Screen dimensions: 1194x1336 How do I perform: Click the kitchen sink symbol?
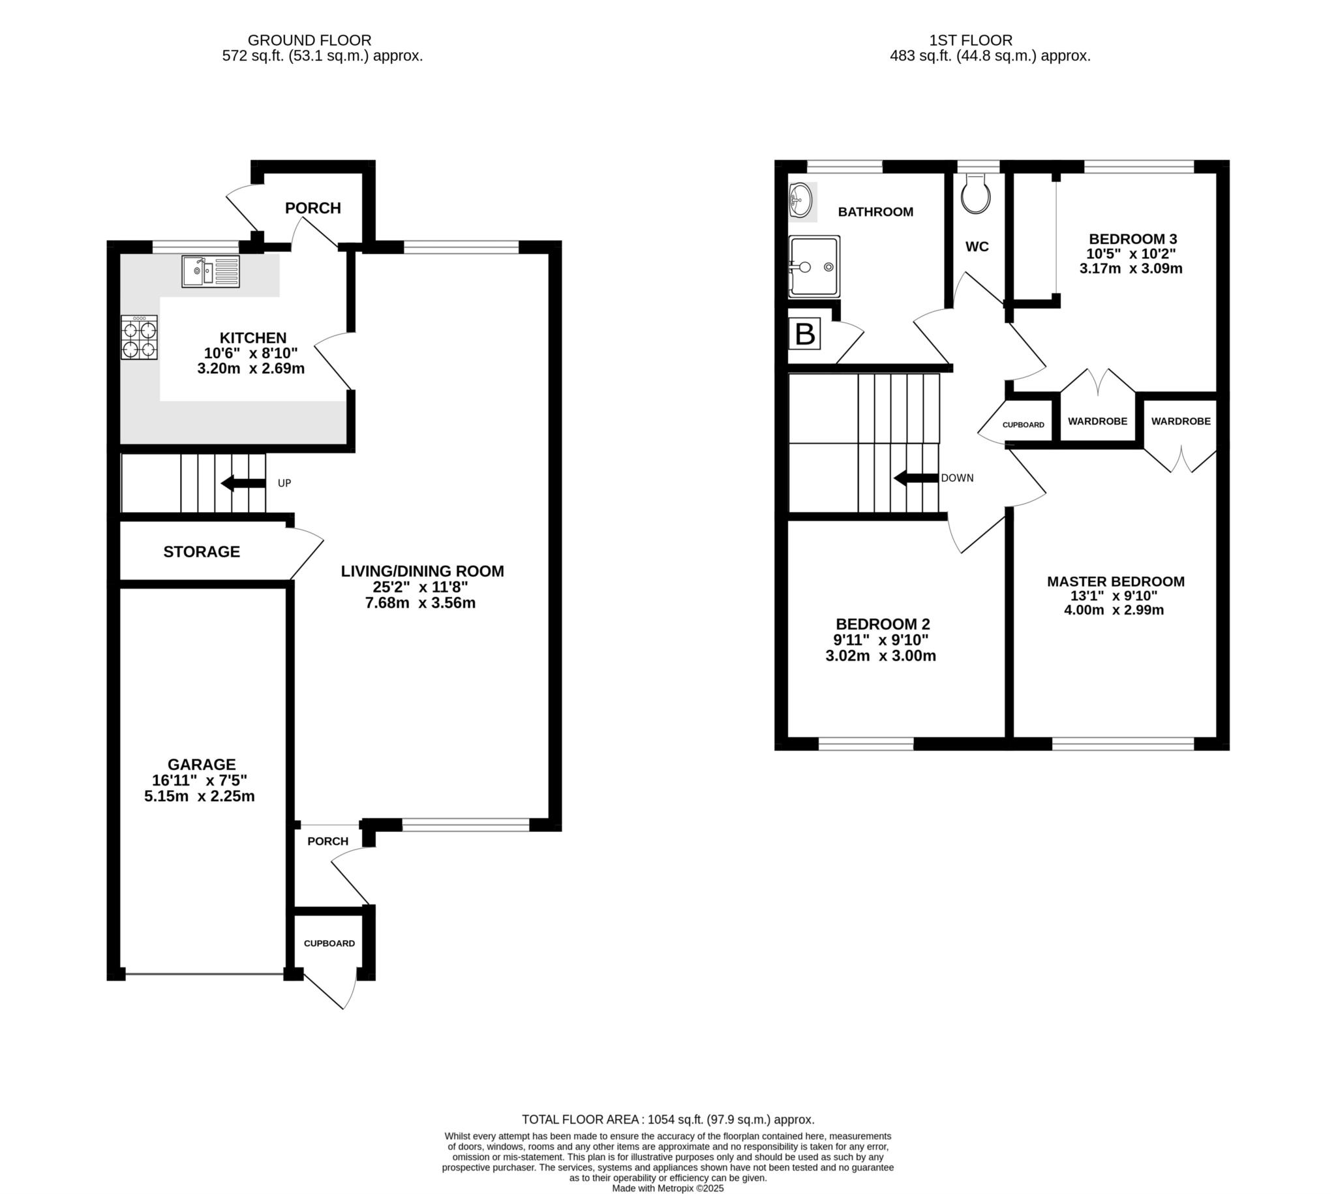click(x=211, y=271)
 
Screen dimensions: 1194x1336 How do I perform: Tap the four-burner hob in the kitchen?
click(x=139, y=337)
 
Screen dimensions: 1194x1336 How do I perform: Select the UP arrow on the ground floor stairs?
click(x=243, y=483)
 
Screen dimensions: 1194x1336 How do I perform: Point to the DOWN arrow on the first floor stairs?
click(x=916, y=478)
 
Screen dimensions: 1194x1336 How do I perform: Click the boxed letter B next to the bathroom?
click(x=804, y=334)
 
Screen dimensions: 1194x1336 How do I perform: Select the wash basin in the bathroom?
click(x=801, y=199)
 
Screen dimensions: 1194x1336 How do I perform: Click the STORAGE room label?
click(x=202, y=552)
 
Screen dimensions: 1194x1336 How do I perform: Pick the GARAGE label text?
click(x=202, y=764)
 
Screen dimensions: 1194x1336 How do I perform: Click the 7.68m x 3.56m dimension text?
click(x=419, y=603)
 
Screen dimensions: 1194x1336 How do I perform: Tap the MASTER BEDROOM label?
click(x=1115, y=581)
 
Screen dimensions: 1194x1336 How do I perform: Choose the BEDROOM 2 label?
click(x=882, y=624)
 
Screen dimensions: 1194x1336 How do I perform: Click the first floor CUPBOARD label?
click(x=1022, y=425)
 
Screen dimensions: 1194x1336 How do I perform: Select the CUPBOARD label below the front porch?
click(x=329, y=943)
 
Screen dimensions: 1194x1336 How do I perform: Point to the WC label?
click(x=977, y=247)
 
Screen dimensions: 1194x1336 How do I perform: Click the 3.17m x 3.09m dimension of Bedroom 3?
click(x=1130, y=268)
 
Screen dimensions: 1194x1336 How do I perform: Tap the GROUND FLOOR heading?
click(x=309, y=40)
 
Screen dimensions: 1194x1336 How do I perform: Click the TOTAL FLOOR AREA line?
click(x=667, y=1119)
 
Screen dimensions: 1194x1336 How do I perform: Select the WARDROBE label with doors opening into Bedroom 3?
click(x=1097, y=421)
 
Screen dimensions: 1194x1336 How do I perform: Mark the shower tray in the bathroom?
click(x=814, y=266)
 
